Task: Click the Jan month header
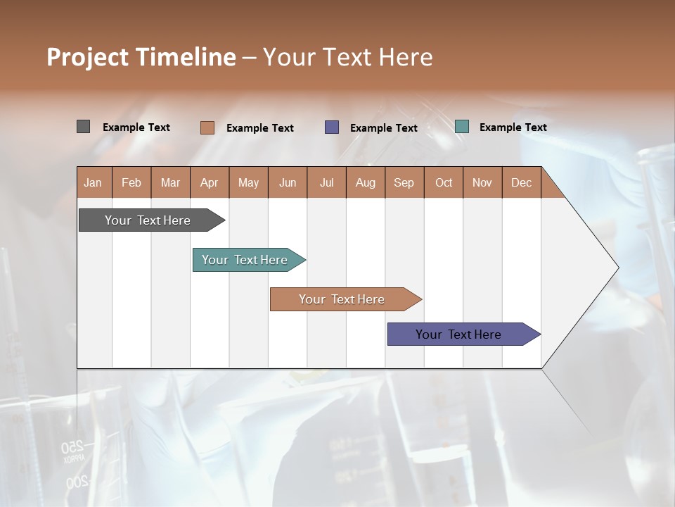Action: pyautogui.click(x=93, y=182)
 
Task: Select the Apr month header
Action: pyautogui.click(x=209, y=182)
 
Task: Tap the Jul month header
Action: pyautogui.click(x=326, y=182)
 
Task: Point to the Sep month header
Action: pyautogui.click(x=404, y=182)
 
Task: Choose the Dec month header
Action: pyautogui.click(x=521, y=182)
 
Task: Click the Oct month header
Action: pyautogui.click(x=444, y=182)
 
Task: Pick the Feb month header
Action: pyautogui.click(x=131, y=182)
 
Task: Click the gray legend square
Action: pyautogui.click(x=83, y=127)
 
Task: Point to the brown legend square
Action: pyautogui.click(x=207, y=127)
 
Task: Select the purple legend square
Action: pyautogui.click(x=331, y=127)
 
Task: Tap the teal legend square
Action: pyautogui.click(x=461, y=127)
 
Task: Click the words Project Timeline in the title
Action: pyautogui.click(x=141, y=57)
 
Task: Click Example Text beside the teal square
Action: pyautogui.click(x=513, y=127)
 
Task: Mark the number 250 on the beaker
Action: pyautogui.click(x=72, y=447)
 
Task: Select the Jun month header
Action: pyautogui.click(x=287, y=182)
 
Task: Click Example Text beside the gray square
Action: pyautogui.click(x=136, y=127)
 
